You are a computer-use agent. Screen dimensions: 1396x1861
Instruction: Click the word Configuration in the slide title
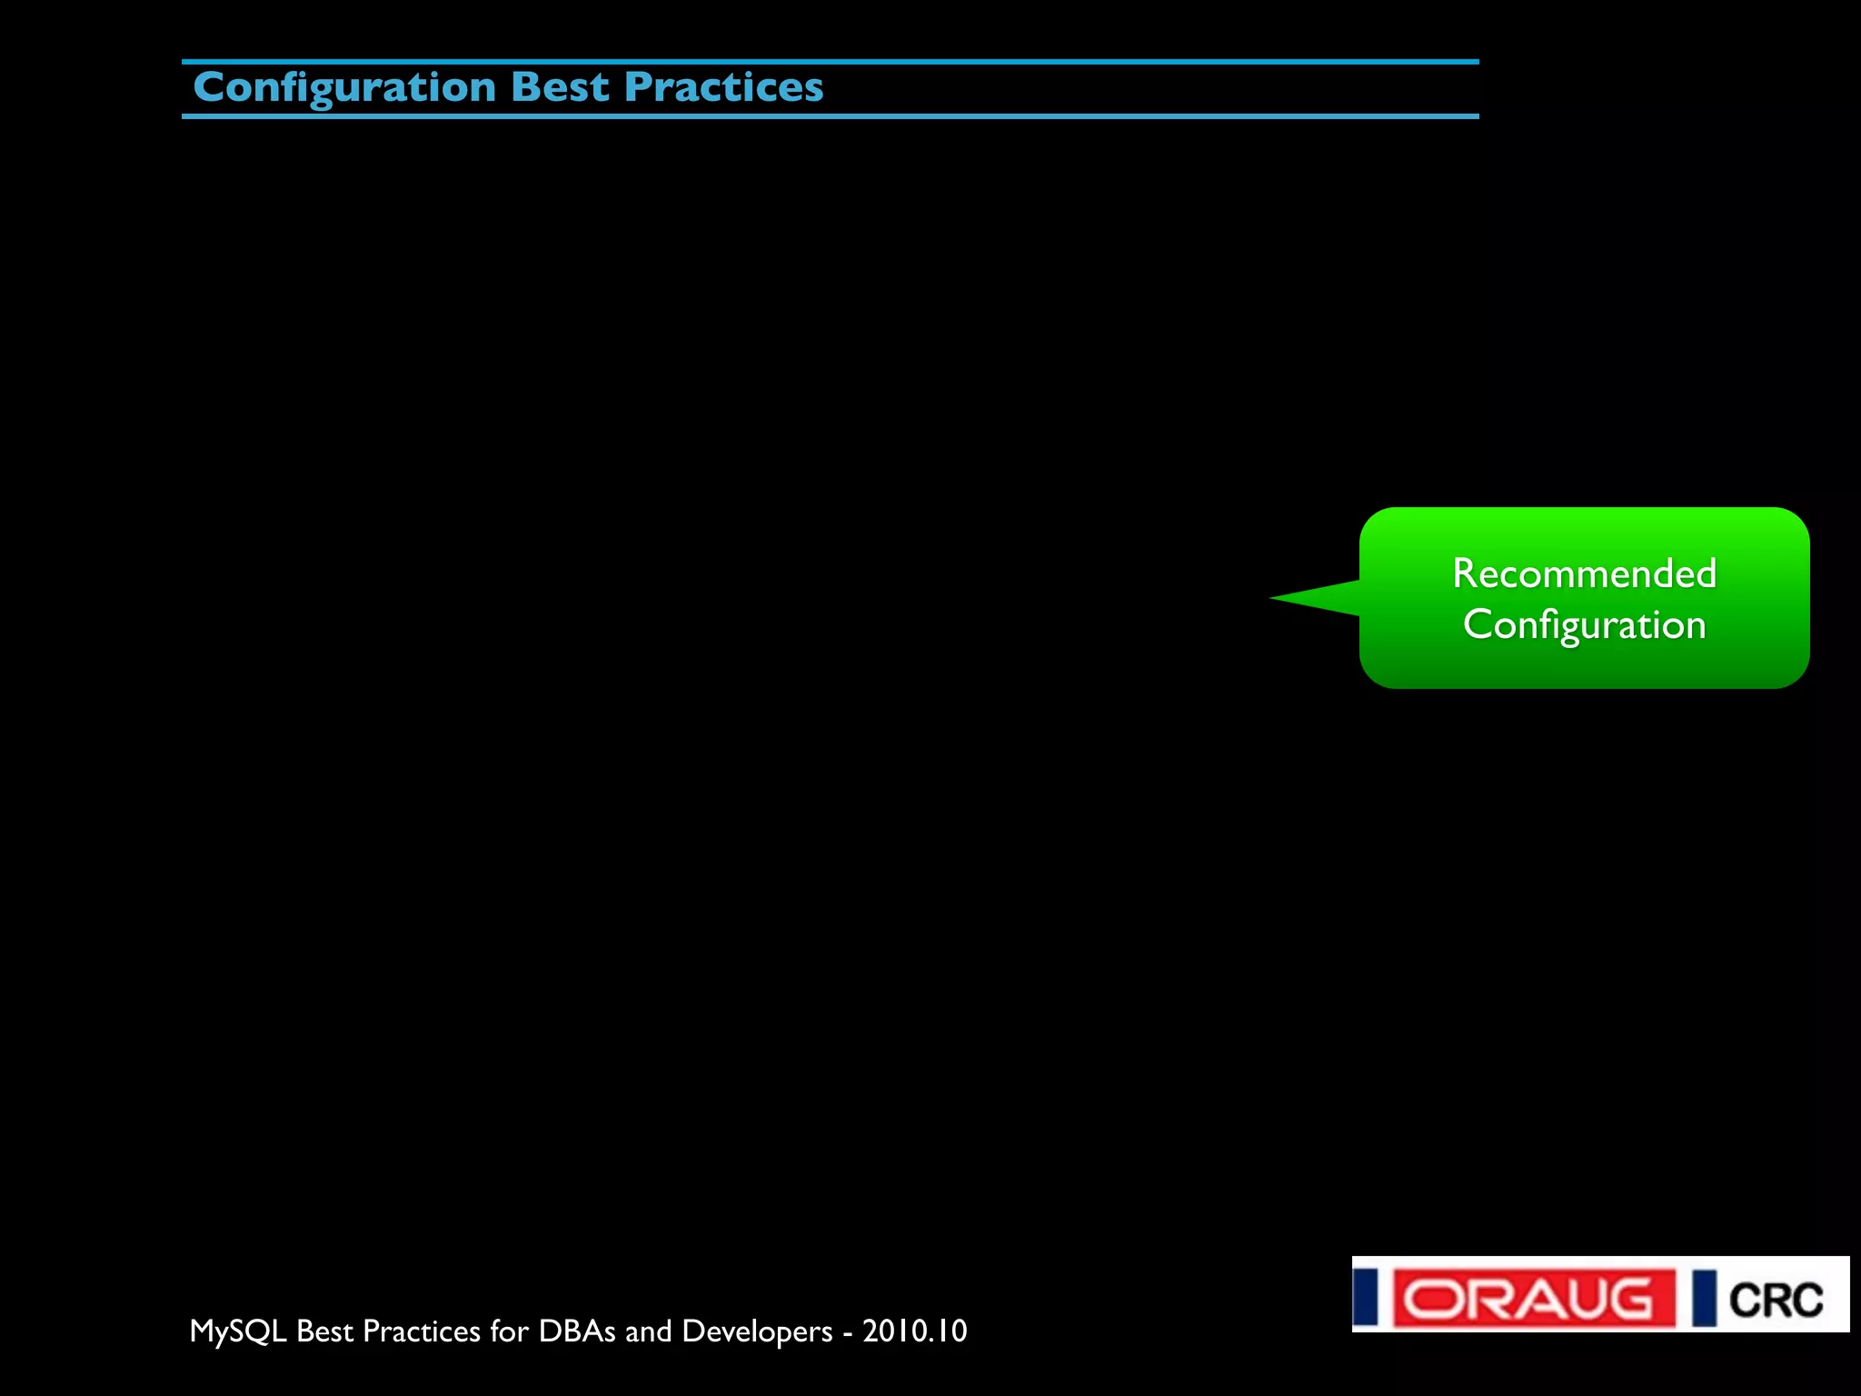tap(344, 88)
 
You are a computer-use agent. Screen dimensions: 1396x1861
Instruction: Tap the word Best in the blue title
tap(559, 87)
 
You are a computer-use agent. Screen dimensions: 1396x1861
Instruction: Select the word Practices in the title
tap(723, 87)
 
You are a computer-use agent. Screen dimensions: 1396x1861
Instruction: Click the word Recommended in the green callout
tap(1584, 573)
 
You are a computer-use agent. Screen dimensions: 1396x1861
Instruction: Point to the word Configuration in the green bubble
tap(1584, 625)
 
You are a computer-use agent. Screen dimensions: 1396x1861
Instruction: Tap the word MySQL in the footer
tap(238, 1331)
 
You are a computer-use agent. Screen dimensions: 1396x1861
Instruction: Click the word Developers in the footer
tap(757, 1331)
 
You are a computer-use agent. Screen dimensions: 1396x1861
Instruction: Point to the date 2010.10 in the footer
tap(914, 1331)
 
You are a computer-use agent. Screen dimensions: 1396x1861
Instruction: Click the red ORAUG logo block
tap(1534, 1298)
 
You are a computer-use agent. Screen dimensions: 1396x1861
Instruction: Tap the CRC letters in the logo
tap(1776, 1300)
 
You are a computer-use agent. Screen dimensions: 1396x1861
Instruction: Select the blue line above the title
tap(830, 62)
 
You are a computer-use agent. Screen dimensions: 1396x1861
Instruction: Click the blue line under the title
tap(830, 116)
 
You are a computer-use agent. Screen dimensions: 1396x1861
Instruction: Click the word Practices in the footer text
tap(421, 1331)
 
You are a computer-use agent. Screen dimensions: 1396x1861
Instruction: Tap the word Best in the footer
tap(324, 1331)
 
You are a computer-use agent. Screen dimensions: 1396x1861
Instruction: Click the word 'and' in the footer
tap(648, 1331)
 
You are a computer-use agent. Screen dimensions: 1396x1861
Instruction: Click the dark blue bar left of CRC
tap(1704, 1298)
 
